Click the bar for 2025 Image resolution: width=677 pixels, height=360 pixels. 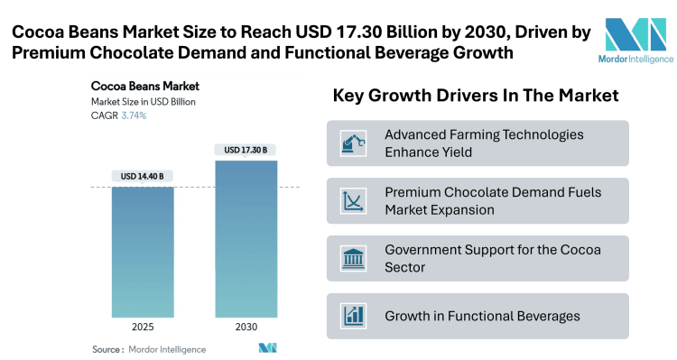point(143,252)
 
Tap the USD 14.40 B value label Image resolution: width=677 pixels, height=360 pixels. point(143,176)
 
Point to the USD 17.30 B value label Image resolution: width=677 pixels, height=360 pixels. point(246,149)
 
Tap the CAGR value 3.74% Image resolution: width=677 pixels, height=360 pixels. point(134,115)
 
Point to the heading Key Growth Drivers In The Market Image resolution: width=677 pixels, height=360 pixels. point(477,96)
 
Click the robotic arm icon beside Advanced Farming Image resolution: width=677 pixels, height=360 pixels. point(351,143)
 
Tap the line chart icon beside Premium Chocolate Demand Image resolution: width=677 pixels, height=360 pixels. point(351,200)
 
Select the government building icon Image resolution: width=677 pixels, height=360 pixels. point(351,258)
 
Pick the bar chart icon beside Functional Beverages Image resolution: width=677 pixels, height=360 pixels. point(351,316)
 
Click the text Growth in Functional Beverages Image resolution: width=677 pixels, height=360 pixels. point(481,316)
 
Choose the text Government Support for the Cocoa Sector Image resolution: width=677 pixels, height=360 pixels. point(492,258)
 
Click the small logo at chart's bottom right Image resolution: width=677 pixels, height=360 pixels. point(267,348)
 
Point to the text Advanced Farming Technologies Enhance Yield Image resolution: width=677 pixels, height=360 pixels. point(484,143)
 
